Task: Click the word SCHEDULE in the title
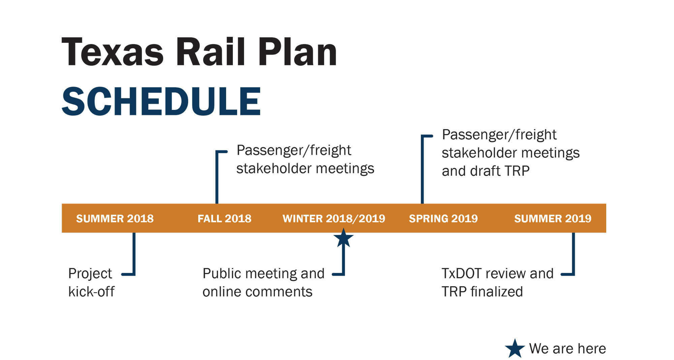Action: [161, 101]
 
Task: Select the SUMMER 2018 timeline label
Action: [115, 218]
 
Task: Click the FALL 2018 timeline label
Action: [224, 218]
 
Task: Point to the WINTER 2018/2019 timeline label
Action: [334, 218]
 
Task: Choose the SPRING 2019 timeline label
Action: [443, 218]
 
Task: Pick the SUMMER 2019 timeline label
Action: [553, 218]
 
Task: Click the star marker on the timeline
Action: [343, 238]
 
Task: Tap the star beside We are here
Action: [515, 349]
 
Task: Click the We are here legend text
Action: [568, 349]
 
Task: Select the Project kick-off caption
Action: [91, 282]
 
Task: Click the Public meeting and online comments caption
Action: [264, 282]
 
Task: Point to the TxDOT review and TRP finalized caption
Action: [498, 282]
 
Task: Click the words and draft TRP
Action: [486, 171]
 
